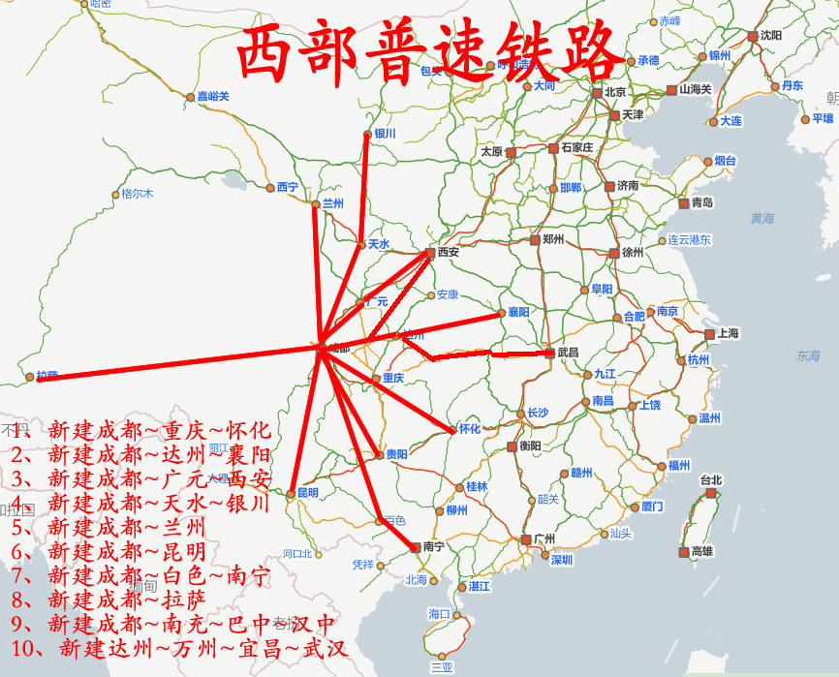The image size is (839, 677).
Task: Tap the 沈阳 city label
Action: (x=771, y=35)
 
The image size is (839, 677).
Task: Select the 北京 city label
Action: (x=615, y=92)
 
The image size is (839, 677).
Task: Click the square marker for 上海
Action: (x=709, y=333)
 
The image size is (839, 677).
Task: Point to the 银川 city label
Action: (x=386, y=134)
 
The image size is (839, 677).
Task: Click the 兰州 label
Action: (x=333, y=203)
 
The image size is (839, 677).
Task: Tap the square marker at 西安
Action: (x=429, y=253)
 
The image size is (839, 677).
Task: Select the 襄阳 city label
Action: (x=519, y=312)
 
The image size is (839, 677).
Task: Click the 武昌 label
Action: (x=568, y=353)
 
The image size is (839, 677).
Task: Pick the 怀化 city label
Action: (x=470, y=428)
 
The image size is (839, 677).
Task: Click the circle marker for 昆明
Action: (x=290, y=494)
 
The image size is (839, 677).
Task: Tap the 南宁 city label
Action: (x=433, y=547)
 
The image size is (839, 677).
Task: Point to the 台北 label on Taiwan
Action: (x=711, y=479)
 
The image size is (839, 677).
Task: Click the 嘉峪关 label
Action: (x=213, y=96)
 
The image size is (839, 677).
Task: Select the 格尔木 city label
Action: (x=138, y=193)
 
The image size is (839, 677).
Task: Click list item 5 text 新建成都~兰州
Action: (x=126, y=528)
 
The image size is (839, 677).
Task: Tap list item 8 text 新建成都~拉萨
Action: (x=126, y=599)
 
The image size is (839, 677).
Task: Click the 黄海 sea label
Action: (x=762, y=219)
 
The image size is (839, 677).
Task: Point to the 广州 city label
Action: (x=544, y=539)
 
